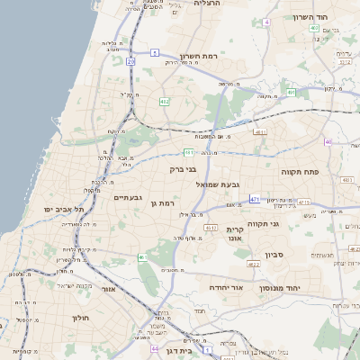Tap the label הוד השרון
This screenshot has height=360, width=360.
314,17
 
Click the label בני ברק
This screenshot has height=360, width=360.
183,168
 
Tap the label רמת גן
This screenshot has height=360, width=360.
161,203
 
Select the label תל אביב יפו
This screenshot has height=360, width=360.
64,209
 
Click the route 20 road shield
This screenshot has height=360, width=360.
130,61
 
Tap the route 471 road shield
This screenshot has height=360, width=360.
255,199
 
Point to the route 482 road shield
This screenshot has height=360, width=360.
165,102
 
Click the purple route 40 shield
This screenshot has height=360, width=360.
328,142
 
